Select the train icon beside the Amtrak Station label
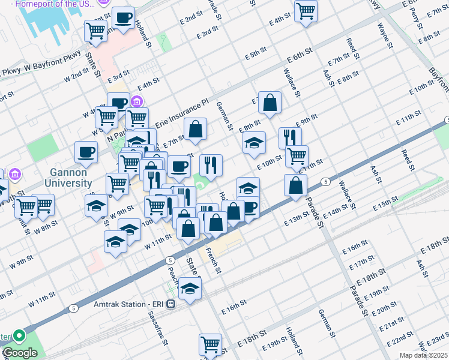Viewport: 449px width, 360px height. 171,304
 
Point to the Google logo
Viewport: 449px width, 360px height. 19,353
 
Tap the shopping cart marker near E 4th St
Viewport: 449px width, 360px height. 306,11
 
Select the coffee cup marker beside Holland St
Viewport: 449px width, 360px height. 124,17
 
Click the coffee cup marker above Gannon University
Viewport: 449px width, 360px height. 86,151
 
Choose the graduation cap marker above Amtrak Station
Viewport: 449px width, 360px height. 190,287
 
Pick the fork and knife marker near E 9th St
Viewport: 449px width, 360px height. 290,136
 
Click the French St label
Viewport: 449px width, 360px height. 214,260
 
